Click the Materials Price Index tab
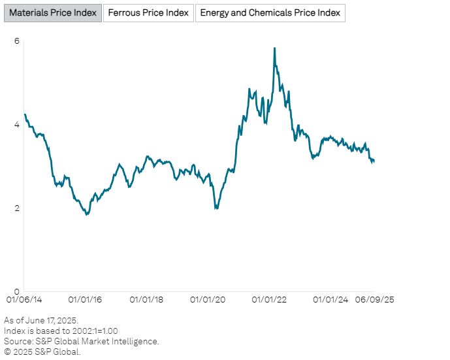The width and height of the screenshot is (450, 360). (53, 13)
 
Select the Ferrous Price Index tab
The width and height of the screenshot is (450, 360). (148, 13)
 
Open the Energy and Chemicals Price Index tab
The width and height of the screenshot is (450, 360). (270, 13)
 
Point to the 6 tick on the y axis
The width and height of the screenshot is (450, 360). (17, 41)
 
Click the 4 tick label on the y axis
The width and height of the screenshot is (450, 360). (17, 125)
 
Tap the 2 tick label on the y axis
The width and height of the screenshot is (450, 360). (17, 208)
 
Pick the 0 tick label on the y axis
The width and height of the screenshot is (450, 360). (17, 292)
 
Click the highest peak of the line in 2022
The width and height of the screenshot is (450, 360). (274, 48)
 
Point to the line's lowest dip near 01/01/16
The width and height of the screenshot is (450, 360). (87, 214)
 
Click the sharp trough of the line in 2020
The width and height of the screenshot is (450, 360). (216, 208)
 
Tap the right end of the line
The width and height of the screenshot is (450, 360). (374, 161)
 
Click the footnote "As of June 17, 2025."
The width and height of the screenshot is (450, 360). (41, 320)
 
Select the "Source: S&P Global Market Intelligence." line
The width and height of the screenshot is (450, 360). (81, 341)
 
